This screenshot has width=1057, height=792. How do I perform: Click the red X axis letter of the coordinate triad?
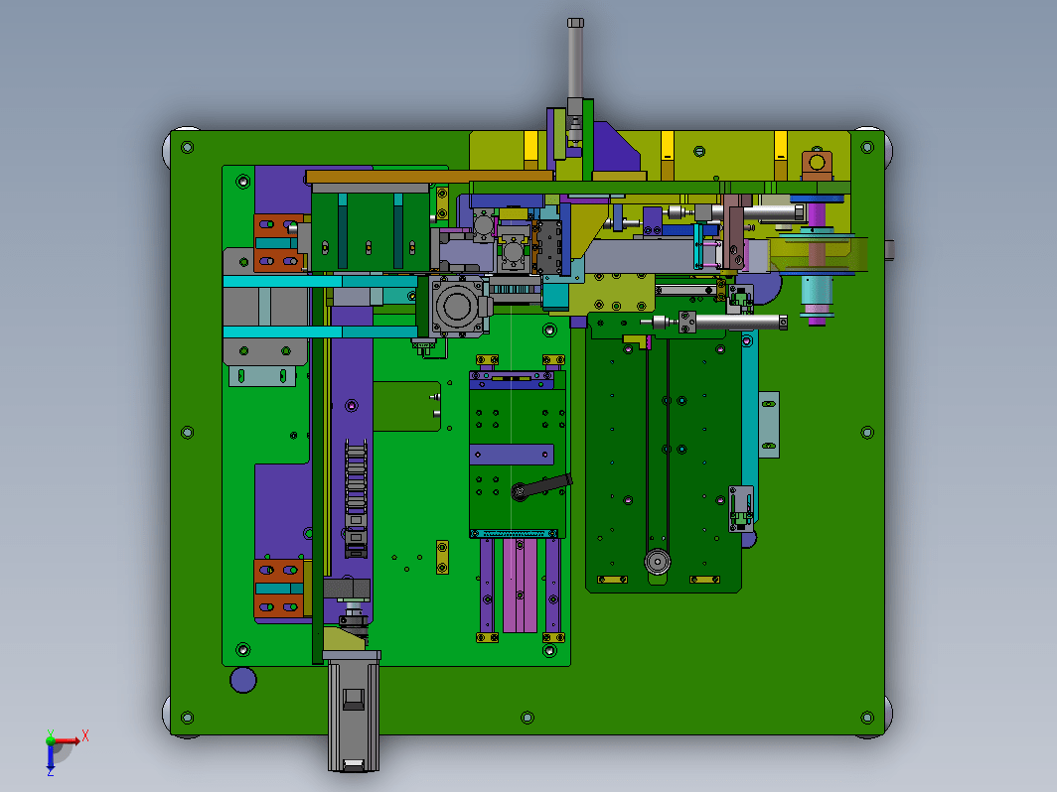pyautogui.click(x=85, y=735)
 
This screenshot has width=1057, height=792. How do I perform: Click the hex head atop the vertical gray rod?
pyautogui.click(x=575, y=23)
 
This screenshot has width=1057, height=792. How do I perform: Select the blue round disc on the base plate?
pyautogui.click(x=242, y=680)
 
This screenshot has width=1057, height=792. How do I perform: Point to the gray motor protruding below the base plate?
pyautogui.click(x=354, y=714)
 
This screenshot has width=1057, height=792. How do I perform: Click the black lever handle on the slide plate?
pyautogui.click(x=541, y=486)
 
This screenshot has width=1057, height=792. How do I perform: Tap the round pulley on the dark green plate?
pyautogui.click(x=658, y=561)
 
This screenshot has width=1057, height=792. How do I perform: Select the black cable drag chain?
pyautogui.click(x=356, y=497)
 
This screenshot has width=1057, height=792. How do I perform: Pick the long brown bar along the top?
pyautogui.click(x=429, y=177)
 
